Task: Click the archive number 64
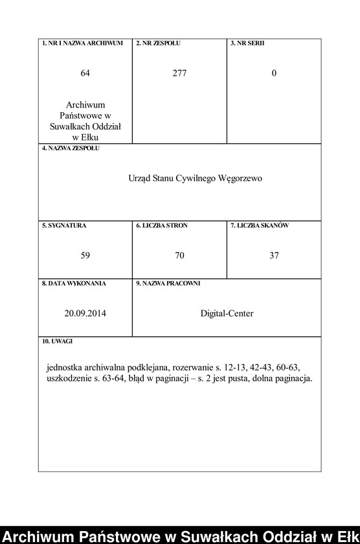pyautogui.click(x=85, y=74)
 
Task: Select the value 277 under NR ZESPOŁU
pyautogui.click(x=179, y=74)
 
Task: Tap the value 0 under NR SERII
pyautogui.click(x=274, y=74)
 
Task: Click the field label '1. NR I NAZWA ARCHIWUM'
pyautogui.click(x=82, y=43)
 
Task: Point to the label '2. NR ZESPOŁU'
pyautogui.click(x=158, y=43)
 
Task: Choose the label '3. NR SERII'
pyautogui.click(x=247, y=43)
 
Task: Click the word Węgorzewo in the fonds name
pyautogui.click(x=242, y=178)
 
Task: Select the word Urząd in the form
pyautogui.click(x=139, y=178)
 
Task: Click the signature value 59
pyautogui.click(x=85, y=256)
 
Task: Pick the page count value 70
pyautogui.click(x=179, y=256)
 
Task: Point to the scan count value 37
pyautogui.click(x=274, y=256)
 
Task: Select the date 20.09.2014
pyautogui.click(x=85, y=313)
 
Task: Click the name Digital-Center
pyautogui.click(x=227, y=313)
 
